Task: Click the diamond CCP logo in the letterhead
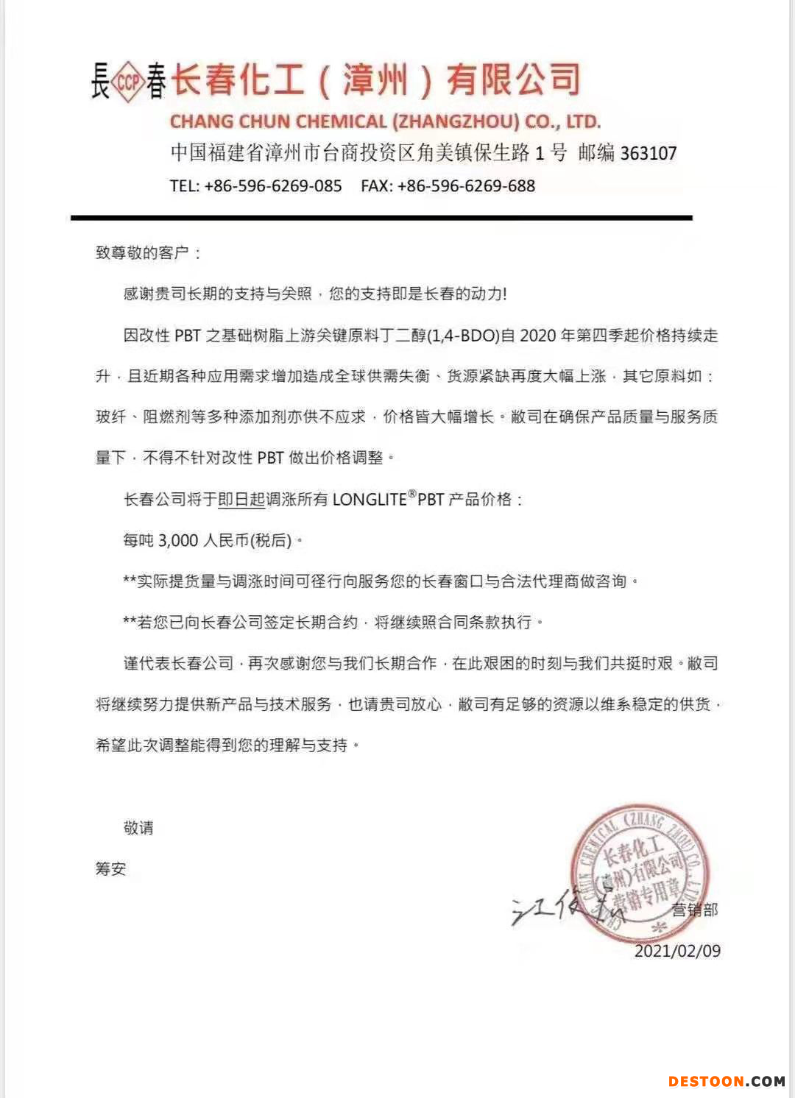pos(129,81)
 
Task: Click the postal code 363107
pos(648,153)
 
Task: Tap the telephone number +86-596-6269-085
pos(273,185)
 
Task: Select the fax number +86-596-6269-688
pos(466,185)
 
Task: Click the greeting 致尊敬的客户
pos(142,253)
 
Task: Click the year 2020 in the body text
pos(538,336)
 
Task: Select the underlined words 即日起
pos(241,500)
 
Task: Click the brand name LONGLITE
pos(370,500)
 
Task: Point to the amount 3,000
pos(178,541)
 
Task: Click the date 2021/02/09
pos(677,951)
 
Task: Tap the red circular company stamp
pos(638,872)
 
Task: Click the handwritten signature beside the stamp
pos(559,909)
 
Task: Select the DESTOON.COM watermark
pos(727,1081)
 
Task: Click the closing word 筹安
pos(110,869)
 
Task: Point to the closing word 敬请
pos(138,828)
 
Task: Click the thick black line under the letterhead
pos(381,218)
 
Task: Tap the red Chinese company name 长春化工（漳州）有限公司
pos(375,79)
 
